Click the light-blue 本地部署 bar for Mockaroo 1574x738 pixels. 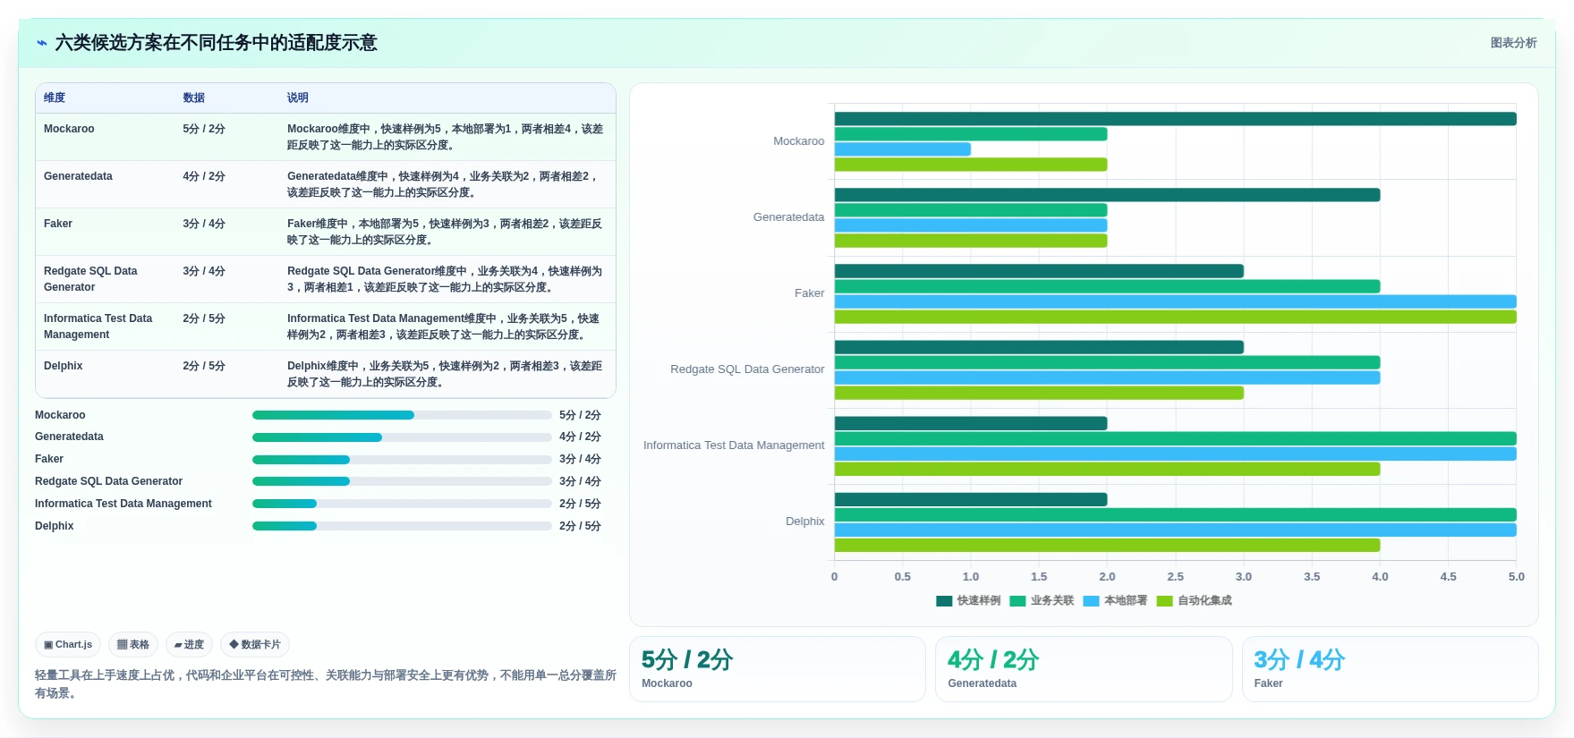point(902,149)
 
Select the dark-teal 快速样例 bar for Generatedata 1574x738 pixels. point(1107,195)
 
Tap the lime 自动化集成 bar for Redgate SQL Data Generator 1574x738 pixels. point(1039,393)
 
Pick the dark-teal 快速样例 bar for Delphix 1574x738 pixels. point(971,499)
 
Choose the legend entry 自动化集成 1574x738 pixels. point(1195,601)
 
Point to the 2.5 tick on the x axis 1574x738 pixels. point(1175,577)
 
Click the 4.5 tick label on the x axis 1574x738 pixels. point(1448,577)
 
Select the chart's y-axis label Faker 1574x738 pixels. point(810,293)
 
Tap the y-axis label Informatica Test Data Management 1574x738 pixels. point(734,445)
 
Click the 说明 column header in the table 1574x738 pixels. point(298,98)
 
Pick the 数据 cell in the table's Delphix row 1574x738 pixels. point(204,366)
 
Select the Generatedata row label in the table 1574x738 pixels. point(78,176)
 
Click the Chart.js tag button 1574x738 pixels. point(68,644)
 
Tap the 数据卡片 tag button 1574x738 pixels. point(255,644)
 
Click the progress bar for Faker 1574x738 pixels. point(402,460)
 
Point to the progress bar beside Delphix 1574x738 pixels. point(402,526)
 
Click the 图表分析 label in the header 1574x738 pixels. point(1513,43)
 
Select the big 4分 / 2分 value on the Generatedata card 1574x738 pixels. point(993,660)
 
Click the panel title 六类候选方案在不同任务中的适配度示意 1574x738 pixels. point(217,43)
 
